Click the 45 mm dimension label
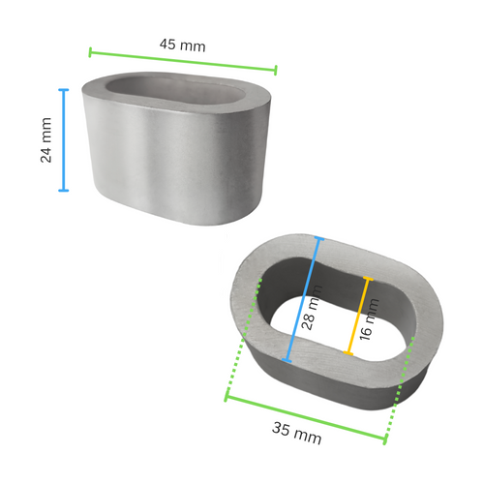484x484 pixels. pos(182,45)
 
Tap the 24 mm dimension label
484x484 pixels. pos(45,140)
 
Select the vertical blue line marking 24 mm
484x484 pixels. pos(64,140)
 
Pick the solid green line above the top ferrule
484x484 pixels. pos(183,60)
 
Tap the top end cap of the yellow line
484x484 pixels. pos(367,280)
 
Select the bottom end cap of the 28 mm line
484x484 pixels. pos(287,361)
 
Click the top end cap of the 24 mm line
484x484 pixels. pos(64,90)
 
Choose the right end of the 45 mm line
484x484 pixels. pos(276,70)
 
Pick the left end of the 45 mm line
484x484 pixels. pos(90,50)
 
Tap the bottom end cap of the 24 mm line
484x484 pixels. pos(64,190)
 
